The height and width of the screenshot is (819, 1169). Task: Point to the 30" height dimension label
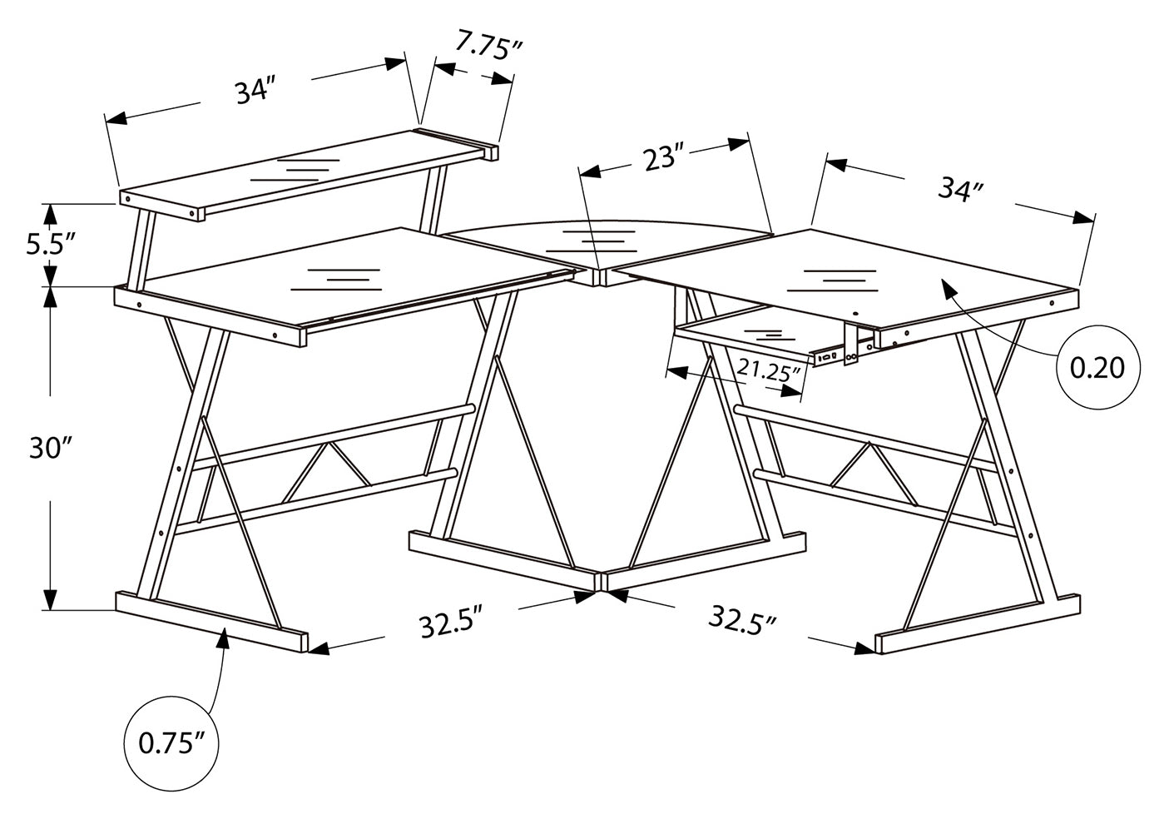click(51, 449)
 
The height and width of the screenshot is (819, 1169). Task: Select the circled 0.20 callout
click(1096, 367)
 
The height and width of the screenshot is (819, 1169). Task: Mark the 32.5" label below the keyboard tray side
click(743, 620)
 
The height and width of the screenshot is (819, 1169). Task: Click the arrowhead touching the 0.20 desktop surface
click(949, 288)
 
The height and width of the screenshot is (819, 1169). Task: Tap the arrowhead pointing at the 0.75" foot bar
click(223, 636)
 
